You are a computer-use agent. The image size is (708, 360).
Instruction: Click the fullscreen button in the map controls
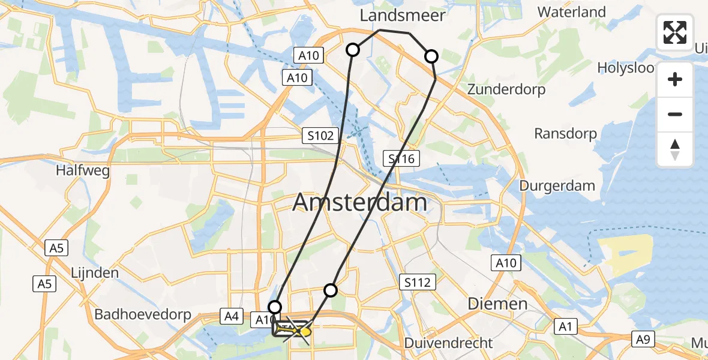click(x=675, y=32)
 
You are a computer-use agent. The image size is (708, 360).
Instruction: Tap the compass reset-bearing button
click(x=675, y=149)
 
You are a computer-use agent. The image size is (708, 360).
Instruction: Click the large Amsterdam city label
click(x=359, y=203)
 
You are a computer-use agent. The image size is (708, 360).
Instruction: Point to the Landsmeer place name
click(x=403, y=16)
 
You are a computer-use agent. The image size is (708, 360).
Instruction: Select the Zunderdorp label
click(x=507, y=90)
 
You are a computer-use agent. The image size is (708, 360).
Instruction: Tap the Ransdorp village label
click(x=566, y=133)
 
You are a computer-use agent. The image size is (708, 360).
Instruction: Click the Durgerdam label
click(x=557, y=185)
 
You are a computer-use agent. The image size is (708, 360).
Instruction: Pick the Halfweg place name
click(x=83, y=170)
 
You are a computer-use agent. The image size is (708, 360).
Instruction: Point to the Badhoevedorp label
click(x=143, y=314)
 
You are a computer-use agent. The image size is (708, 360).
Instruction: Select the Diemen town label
click(x=497, y=304)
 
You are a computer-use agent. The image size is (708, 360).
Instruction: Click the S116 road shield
click(x=401, y=159)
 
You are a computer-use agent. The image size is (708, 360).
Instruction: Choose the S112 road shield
click(x=418, y=281)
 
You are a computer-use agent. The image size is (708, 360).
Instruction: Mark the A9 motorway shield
click(x=643, y=340)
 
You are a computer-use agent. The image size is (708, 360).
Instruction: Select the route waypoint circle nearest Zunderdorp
click(x=431, y=57)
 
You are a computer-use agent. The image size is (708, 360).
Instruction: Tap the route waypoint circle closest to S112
click(x=331, y=290)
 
